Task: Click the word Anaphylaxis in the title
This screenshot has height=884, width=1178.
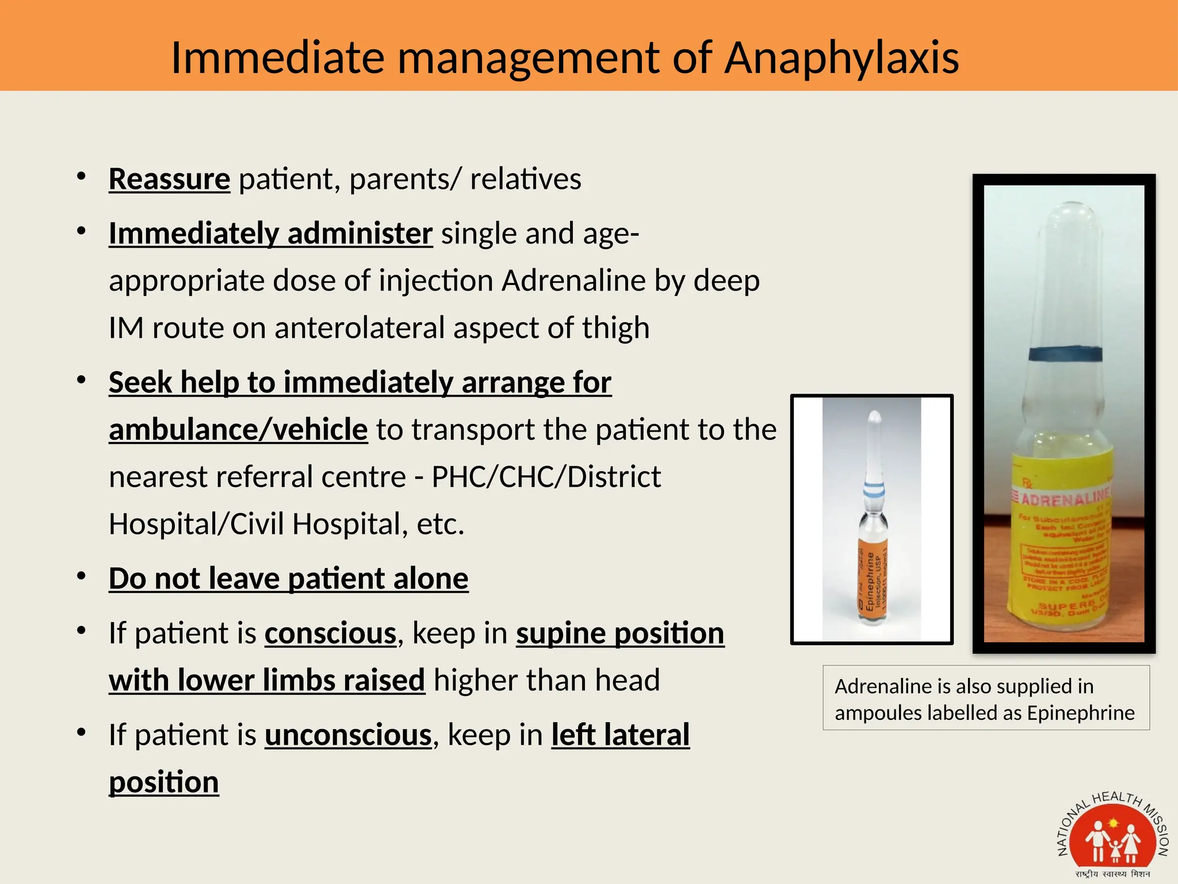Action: [841, 58]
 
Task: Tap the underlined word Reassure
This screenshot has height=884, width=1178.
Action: [169, 179]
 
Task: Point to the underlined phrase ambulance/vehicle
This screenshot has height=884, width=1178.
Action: [238, 430]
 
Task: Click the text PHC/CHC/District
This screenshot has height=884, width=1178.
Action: [546, 477]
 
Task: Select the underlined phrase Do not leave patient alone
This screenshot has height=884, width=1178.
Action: [288, 578]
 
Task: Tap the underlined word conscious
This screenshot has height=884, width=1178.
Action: [330, 634]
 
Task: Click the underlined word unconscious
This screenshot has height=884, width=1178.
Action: [348, 735]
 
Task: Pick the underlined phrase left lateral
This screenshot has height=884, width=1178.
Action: [620, 735]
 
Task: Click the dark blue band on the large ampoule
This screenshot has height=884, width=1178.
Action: [1065, 353]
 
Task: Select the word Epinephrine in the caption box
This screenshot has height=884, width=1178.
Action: [1081, 713]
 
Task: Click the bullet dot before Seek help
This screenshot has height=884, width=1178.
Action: [82, 380]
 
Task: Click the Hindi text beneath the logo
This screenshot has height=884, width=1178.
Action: [1112, 874]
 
